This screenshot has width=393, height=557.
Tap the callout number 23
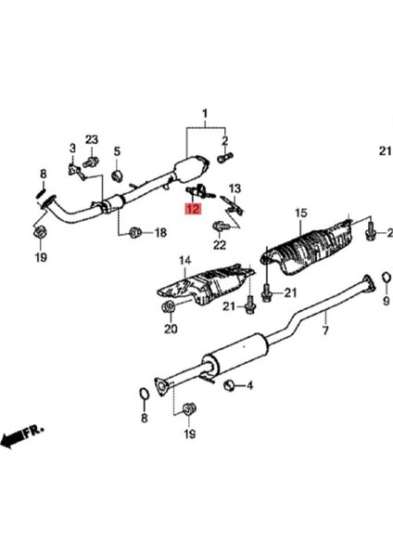coord(92,139)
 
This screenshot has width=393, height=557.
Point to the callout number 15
coord(299,214)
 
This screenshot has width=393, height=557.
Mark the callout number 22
coord(219,245)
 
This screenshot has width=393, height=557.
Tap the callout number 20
coord(170,328)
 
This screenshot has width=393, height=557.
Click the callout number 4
coord(249,384)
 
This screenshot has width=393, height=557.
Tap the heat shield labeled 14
coord(206,288)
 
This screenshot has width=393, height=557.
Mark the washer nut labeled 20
coord(168,307)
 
